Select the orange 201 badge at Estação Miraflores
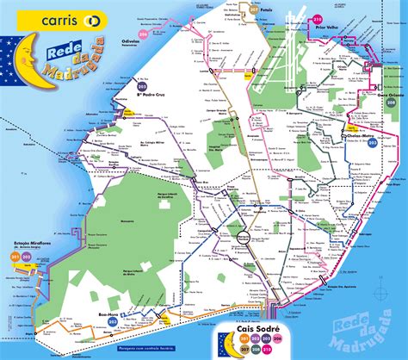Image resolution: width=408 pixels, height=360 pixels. pyautogui.click(x=15, y=255)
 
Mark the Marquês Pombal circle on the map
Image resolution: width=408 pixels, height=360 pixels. pyautogui.click(x=244, y=235)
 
